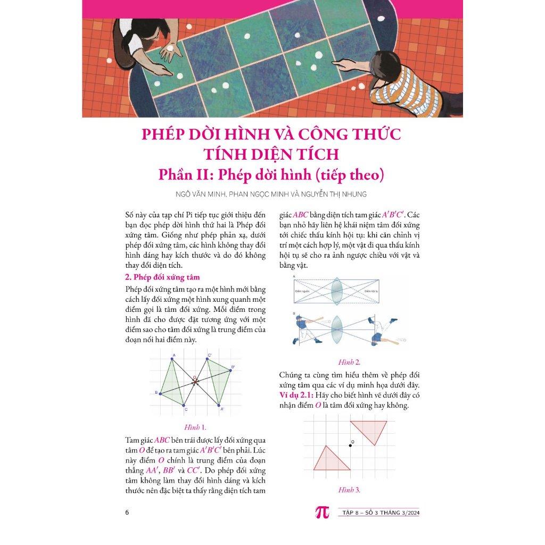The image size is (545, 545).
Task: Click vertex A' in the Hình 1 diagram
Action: point(220,405)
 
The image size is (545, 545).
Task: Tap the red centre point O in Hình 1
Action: point(195,382)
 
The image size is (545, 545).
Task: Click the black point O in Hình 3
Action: point(350,445)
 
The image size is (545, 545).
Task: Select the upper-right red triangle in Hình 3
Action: point(369,430)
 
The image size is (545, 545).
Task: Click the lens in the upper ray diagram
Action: point(336,291)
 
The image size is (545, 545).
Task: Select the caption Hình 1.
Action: point(195,427)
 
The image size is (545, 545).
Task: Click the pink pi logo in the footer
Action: point(323,512)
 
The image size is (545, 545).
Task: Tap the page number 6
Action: point(127,513)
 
